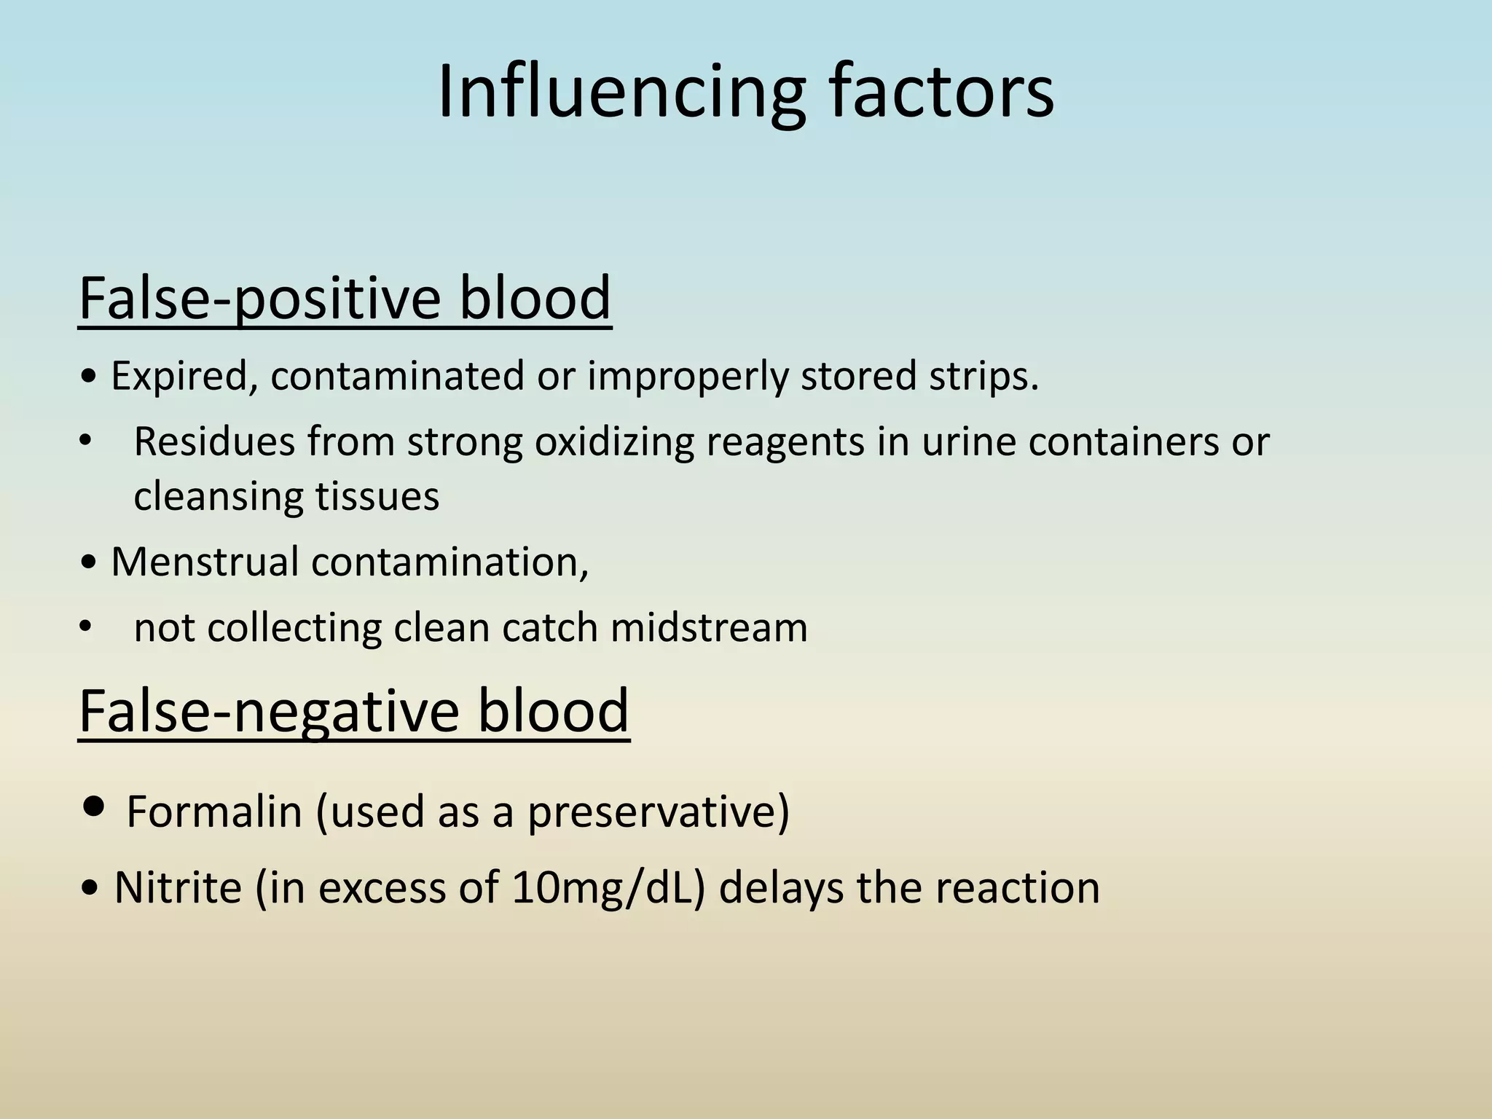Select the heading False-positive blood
(345, 298)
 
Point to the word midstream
(709, 627)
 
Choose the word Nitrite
(178, 888)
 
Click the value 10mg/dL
(608, 888)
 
